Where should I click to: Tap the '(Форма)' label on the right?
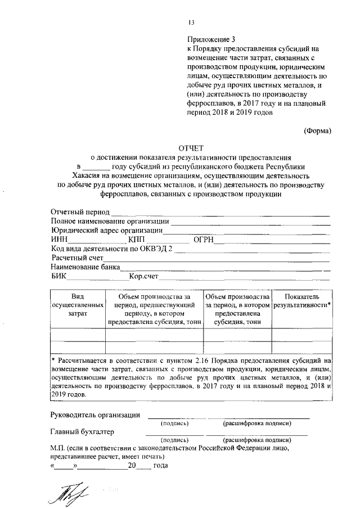(x=318, y=131)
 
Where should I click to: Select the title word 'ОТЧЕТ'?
(x=190, y=148)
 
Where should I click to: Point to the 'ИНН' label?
(x=59, y=240)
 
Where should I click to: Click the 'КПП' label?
(x=137, y=240)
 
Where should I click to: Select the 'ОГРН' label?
(x=203, y=240)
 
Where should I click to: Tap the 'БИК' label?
(x=58, y=276)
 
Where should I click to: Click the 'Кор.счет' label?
(x=144, y=276)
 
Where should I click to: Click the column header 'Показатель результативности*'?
(x=302, y=300)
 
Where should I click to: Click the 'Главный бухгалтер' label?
(x=82, y=432)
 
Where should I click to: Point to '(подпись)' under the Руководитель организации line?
(x=174, y=423)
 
